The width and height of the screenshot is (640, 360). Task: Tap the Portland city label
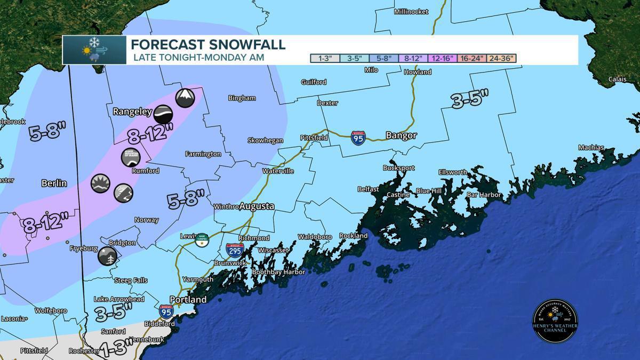pos(188,300)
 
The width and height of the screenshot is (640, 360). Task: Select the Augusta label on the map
pos(257,206)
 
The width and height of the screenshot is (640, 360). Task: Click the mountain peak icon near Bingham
pos(185,98)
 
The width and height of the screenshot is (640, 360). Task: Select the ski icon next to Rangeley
pos(163,114)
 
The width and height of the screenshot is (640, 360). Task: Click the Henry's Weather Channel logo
pos(555,321)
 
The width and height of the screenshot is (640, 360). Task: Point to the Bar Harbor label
pos(484,195)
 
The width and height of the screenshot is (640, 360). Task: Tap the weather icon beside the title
pos(94,50)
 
